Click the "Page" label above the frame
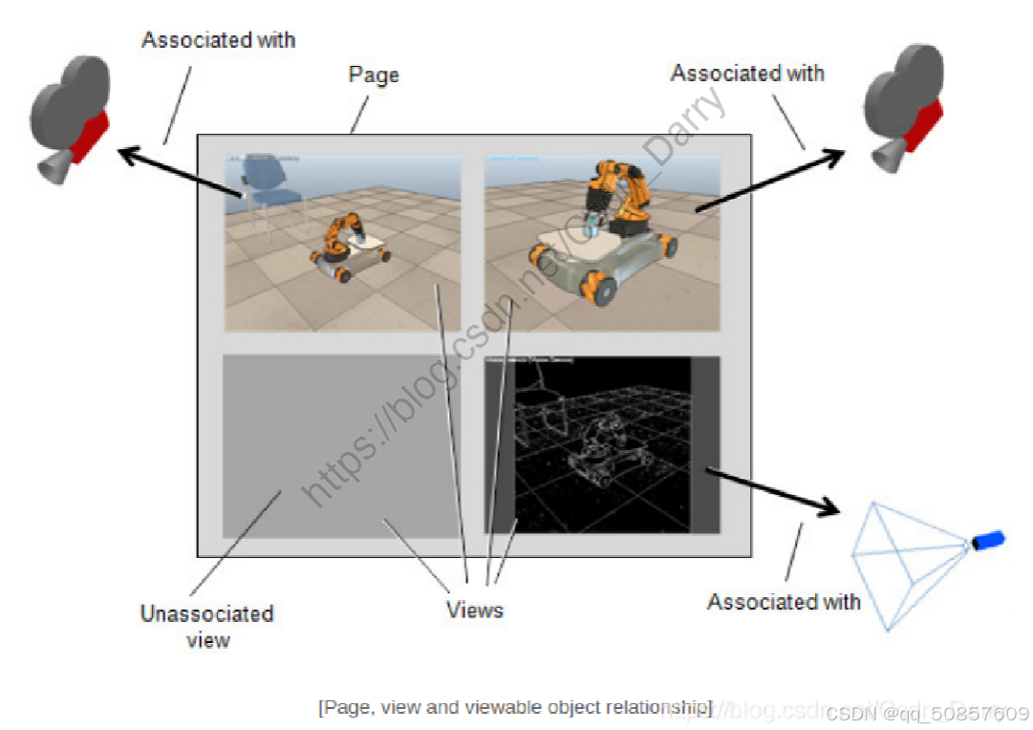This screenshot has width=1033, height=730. coord(374,75)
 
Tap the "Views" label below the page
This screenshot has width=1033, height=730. coord(474,610)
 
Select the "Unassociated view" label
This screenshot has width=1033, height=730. coord(207,626)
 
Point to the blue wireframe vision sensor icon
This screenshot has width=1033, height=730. coord(908,563)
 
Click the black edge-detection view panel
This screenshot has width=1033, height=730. coord(602,444)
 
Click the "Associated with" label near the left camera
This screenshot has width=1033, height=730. coord(218,40)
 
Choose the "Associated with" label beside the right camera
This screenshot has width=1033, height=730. coord(747,74)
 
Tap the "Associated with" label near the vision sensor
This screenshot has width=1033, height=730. coord(784,602)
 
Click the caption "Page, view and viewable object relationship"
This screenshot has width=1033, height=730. coord(515,707)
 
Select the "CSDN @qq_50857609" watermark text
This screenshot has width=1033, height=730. coord(927,714)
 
